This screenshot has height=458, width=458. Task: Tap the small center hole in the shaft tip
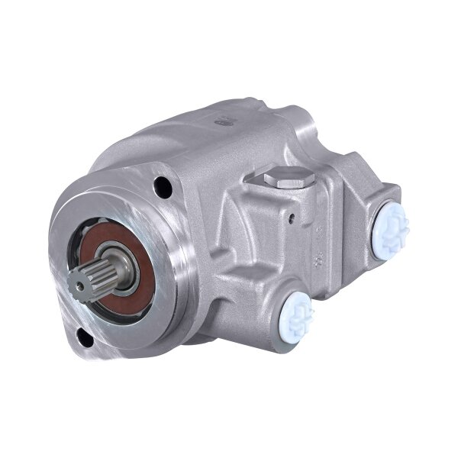point(76,285)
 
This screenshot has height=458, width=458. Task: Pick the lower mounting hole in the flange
point(84,338)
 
